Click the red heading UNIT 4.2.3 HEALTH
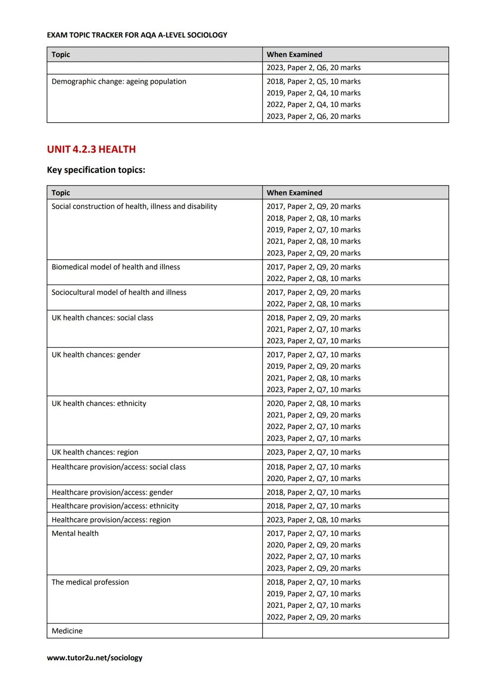click(91, 149)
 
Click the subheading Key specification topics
click(96, 170)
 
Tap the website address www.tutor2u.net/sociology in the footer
click(95, 658)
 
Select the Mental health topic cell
click(75, 534)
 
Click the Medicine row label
click(67, 631)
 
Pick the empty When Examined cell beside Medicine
click(355, 631)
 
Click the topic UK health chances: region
click(95, 452)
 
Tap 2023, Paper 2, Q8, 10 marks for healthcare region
click(313, 519)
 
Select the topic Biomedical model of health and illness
click(116, 267)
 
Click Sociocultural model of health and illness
click(119, 292)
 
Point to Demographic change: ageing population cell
click(119, 81)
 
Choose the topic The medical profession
click(90, 582)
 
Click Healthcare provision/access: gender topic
click(112, 492)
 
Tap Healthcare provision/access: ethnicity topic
click(115, 506)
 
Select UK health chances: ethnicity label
click(99, 403)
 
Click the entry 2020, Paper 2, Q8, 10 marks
click(313, 403)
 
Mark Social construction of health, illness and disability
click(134, 206)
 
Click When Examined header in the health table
click(294, 193)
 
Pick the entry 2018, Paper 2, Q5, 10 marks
click(313, 81)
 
